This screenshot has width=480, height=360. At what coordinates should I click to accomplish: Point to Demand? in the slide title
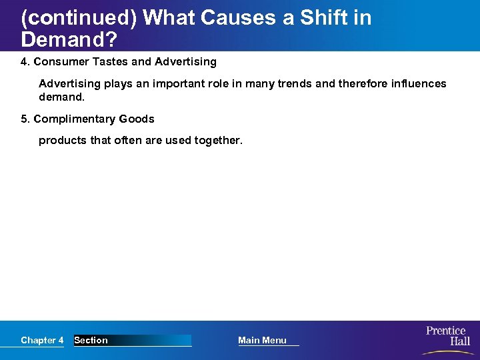coord(69,40)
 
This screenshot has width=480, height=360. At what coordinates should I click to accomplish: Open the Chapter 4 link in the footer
coord(42,341)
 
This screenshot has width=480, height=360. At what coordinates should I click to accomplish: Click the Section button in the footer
coord(91,341)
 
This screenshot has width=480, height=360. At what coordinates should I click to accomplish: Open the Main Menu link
coord(263,341)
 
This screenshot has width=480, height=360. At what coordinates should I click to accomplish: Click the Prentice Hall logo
coord(447,336)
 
